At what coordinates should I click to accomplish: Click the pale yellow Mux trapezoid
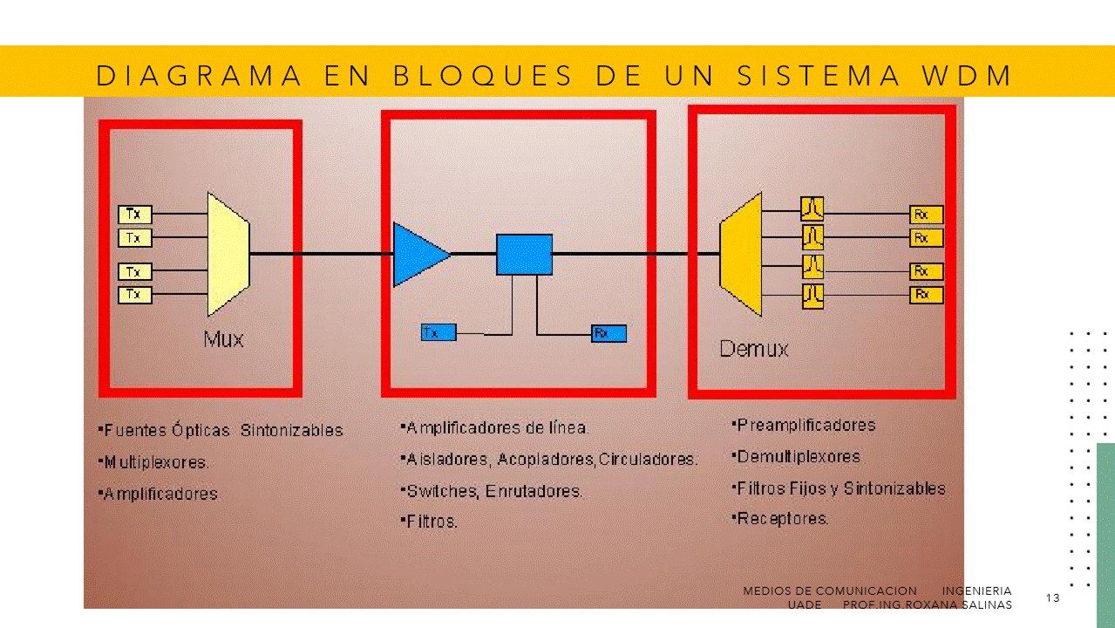coord(228,254)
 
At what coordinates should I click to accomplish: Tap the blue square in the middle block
coord(525,255)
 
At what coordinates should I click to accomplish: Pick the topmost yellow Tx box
coord(134,214)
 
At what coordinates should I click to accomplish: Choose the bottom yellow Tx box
coord(134,295)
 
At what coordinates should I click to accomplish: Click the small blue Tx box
coord(439,332)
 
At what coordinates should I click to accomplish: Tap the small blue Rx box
coord(608,333)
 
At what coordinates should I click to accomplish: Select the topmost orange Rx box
coord(926,215)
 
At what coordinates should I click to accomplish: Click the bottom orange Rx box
coord(926,295)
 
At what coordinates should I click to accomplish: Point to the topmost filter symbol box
coord(812,208)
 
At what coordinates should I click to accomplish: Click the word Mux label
coord(224,338)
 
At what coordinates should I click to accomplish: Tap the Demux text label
coord(754,350)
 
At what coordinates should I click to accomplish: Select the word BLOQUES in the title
coord(483,76)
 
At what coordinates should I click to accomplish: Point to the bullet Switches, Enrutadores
coord(493,491)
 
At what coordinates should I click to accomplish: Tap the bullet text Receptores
coord(782,519)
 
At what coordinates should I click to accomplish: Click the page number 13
coord(1052,598)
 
